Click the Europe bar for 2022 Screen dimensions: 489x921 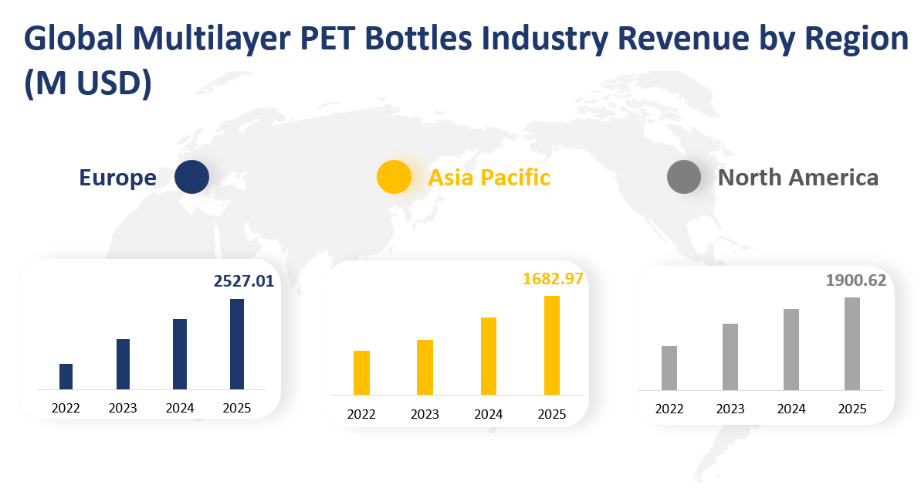click(66, 376)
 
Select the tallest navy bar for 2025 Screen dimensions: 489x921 click(237, 344)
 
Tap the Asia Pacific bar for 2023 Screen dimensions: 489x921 click(425, 367)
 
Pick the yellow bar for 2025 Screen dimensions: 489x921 click(551, 345)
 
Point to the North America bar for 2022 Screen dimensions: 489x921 click(669, 368)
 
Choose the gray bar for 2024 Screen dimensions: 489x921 click(791, 349)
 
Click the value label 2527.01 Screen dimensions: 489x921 click(244, 281)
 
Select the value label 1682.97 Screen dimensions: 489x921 click(554, 278)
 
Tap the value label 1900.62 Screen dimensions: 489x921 click(856, 280)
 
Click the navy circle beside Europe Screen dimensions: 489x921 click(191, 177)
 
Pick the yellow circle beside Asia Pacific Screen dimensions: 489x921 click(394, 177)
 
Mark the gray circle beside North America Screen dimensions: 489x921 click(683, 177)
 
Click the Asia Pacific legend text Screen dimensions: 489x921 click(489, 178)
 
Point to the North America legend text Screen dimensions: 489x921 click(797, 178)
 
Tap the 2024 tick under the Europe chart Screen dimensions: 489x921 click(180, 408)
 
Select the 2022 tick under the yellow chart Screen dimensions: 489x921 click(361, 414)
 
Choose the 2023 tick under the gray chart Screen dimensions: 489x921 click(730, 409)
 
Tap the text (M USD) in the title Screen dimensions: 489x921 click(86, 83)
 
